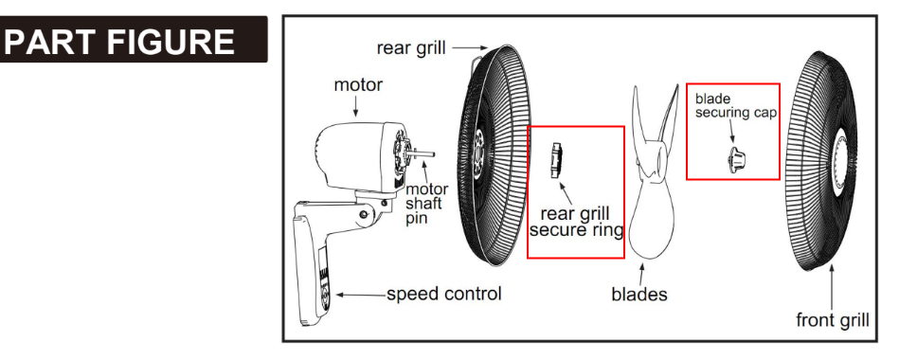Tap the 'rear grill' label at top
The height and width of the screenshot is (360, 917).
(x=410, y=48)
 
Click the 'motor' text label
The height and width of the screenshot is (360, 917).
(x=358, y=84)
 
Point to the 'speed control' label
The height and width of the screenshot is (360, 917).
(x=444, y=294)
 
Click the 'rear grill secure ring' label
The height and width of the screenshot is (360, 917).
(x=576, y=222)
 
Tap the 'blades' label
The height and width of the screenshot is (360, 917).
(x=639, y=294)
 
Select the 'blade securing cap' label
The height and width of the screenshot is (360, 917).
(x=736, y=106)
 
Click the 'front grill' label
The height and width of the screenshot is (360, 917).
(x=832, y=320)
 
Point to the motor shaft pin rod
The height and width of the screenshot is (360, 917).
(x=423, y=153)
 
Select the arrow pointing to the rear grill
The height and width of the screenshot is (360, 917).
(x=470, y=47)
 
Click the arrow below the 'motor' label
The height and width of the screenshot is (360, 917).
(x=356, y=106)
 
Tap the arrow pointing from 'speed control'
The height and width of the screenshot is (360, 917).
(x=360, y=295)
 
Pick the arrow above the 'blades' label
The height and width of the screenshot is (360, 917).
(x=641, y=274)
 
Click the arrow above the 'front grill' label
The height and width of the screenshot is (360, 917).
(x=832, y=287)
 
